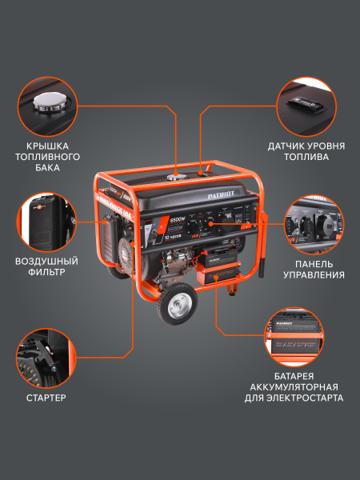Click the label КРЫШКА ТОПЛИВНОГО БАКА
click(49, 158)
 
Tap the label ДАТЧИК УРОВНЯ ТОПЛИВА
click(307, 152)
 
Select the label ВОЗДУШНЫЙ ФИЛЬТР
click(46, 266)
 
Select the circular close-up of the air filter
click(46, 220)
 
